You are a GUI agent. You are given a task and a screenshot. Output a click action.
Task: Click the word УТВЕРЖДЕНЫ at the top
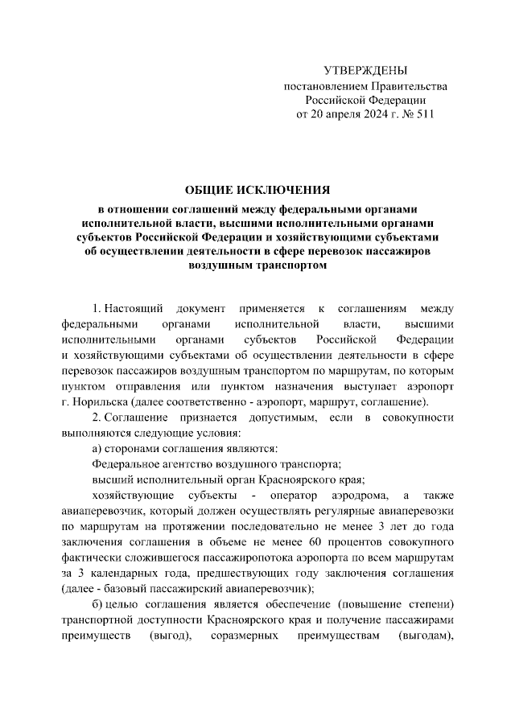365,71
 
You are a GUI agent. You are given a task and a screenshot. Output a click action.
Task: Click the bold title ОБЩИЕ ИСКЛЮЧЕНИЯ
257,190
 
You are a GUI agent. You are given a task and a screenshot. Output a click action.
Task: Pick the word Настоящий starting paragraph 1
134,310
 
